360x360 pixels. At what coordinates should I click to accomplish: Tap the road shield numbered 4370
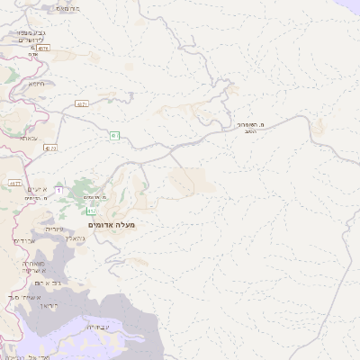pos(50,148)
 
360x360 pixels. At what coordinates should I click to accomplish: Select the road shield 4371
pos(82,105)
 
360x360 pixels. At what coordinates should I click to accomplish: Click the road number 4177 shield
pos(14,184)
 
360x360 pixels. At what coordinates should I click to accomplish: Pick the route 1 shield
pos(58,191)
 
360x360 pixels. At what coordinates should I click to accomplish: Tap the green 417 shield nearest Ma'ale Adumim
pos(92,211)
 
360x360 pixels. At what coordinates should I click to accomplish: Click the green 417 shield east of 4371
pos(114,136)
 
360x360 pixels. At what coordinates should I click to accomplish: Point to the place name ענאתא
pos(28,138)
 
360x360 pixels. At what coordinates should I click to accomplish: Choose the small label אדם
pos(33,55)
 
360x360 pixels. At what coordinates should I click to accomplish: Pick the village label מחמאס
pos(68,8)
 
